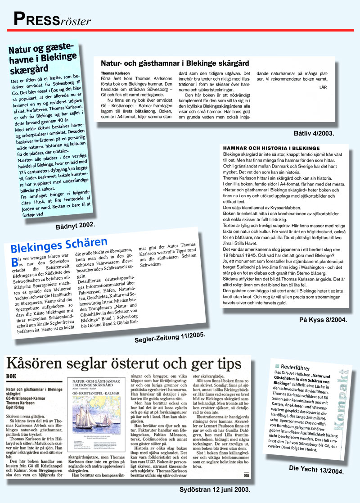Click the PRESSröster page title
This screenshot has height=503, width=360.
point(52,19)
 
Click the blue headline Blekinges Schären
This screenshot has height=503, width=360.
point(59,246)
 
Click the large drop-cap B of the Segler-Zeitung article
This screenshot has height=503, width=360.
point(15,261)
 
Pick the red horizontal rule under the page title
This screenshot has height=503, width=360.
point(180,30)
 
